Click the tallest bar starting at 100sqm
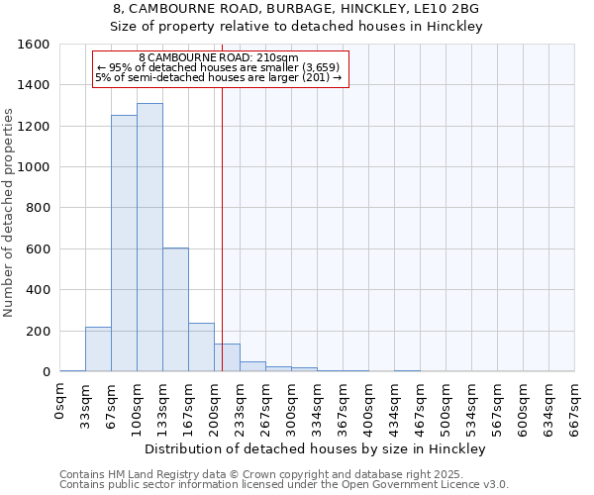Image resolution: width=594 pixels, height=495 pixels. pos(149,238)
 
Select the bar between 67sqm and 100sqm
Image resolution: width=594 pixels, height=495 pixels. pos(124,244)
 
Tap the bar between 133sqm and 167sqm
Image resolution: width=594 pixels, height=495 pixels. pos(175,310)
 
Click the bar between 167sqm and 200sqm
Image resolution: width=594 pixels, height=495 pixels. pos(201,347)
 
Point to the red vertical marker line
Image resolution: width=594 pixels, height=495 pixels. pos(222,228)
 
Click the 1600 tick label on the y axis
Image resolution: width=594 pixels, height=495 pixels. pos(34,45)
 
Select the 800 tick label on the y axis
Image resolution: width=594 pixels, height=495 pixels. pos(39,208)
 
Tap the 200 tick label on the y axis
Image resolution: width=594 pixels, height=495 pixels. pos(39,331)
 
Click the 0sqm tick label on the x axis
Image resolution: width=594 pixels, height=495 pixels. pos(60,401)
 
